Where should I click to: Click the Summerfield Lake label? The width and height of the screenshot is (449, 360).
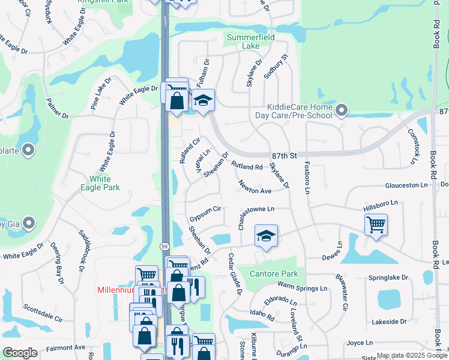pyautogui.click(x=251, y=41)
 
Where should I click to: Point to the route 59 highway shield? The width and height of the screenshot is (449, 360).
pyautogui.click(x=165, y=247)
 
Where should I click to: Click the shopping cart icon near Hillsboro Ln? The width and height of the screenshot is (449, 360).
pyautogui.click(x=376, y=225)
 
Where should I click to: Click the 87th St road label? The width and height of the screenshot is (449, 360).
pyautogui.click(x=285, y=155)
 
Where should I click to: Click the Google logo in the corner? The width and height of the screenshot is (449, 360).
pyautogui.click(x=20, y=353)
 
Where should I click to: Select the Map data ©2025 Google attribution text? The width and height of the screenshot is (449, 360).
pyautogui.click(x=412, y=356)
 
